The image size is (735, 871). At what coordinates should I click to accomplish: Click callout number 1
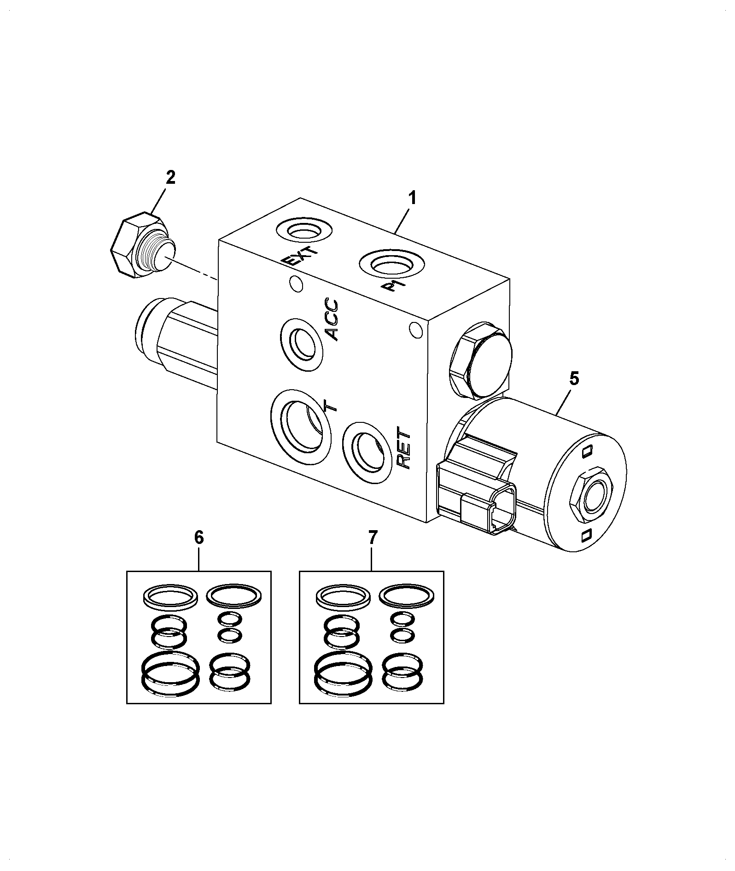(x=412, y=199)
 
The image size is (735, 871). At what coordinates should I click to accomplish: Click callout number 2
(x=170, y=178)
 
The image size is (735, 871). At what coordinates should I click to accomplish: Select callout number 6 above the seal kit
(x=199, y=538)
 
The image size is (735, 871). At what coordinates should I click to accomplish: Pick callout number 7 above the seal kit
(x=372, y=538)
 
